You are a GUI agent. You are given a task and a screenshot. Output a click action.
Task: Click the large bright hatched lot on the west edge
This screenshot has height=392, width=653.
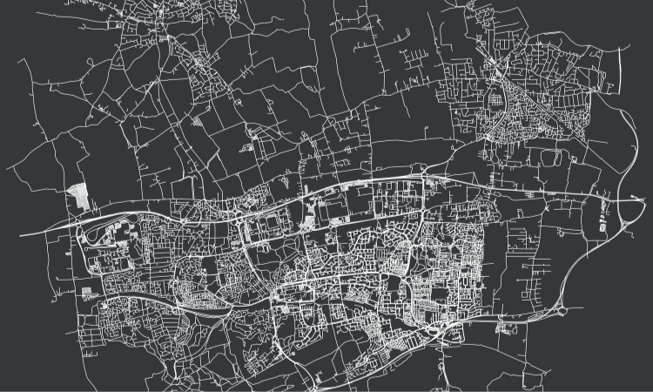tap(79, 196)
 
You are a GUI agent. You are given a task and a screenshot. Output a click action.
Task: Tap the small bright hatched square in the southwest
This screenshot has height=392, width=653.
tap(88, 294)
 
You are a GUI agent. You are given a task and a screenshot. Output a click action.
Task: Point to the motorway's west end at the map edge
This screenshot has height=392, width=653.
tap(21, 236)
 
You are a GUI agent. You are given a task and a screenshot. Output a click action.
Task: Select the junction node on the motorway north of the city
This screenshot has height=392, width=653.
tap(424, 178)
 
